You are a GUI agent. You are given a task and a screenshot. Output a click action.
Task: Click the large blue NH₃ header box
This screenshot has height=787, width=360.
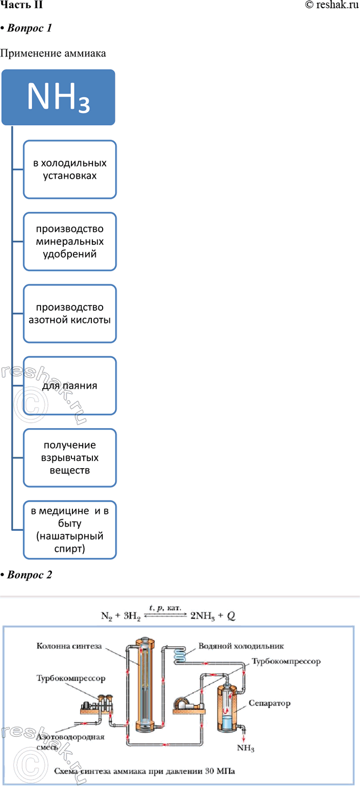click(x=58, y=96)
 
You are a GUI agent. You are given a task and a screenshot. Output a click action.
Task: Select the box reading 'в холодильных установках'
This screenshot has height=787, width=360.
click(x=69, y=169)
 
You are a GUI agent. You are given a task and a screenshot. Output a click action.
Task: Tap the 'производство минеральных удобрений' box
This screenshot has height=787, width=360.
click(x=69, y=241)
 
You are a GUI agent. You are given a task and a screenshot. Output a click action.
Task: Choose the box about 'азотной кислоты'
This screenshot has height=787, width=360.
click(x=69, y=314)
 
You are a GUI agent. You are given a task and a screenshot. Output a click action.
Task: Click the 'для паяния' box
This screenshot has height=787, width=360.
click(x=69, y=386)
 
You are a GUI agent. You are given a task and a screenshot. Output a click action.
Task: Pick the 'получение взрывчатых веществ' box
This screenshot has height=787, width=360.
click(x=69, y=458)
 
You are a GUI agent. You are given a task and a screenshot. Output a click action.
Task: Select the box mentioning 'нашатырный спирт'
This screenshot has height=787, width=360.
click(x=69, y=530)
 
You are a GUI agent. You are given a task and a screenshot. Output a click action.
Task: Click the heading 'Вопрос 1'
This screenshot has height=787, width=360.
click(x=29, y=29)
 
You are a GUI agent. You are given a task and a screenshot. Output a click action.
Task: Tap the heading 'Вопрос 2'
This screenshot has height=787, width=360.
click(x=29, y=575)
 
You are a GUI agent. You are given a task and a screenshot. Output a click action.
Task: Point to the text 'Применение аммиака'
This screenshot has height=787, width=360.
click(x=53, y=54)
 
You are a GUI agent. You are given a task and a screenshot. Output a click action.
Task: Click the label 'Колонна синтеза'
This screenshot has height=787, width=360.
click(x=69, y=645)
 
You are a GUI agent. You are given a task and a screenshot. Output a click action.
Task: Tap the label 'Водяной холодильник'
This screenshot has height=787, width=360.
click(x=241, y=646)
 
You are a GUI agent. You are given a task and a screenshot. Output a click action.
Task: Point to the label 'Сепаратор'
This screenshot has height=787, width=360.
click(x=270, y=703)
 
